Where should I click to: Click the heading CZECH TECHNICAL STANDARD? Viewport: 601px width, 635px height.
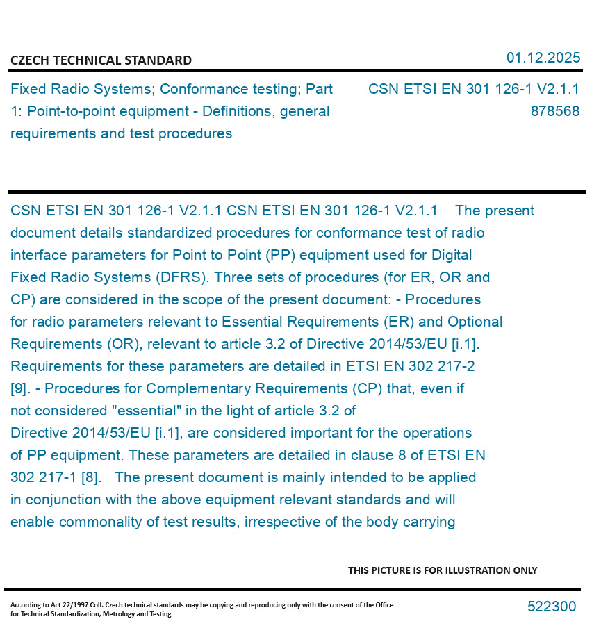tap(101, 60)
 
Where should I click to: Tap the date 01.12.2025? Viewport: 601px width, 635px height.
tap(543, 58)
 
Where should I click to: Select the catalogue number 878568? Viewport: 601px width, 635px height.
tap(554, 111)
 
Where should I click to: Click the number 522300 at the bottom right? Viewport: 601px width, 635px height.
tap(551, 607)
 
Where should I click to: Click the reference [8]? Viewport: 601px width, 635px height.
tap(90, 477)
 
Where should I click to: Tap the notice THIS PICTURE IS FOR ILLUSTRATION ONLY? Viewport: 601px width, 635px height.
tap(443, 570)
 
